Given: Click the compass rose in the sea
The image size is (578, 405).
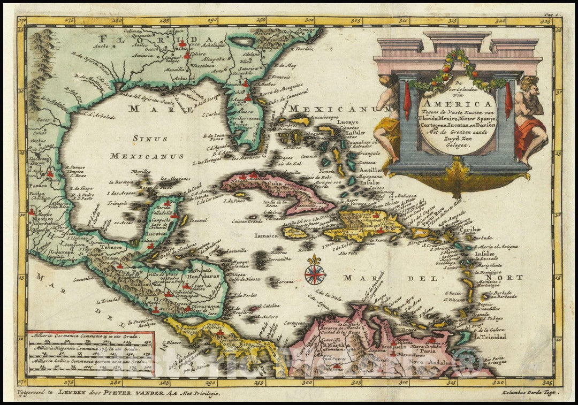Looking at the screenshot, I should pyautogui.click(x=315, y=273).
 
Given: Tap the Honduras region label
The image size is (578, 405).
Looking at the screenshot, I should pyautogui.click(x=201, y=284).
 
